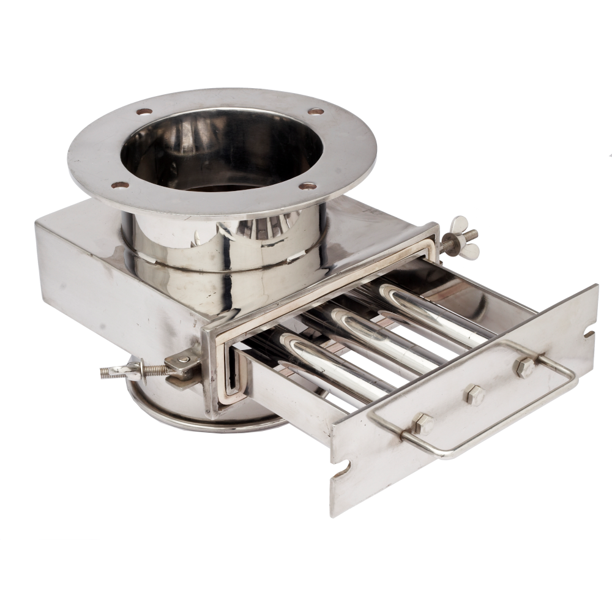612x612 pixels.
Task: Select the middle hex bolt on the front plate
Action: pyautogui.click(x=475, y=395)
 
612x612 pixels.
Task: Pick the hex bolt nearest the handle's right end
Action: pyautogui.click(x=524, y=367)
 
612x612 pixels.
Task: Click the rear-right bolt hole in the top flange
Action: pyautogui.click(x=316, y=111)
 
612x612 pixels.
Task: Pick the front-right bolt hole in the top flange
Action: pyautogui.click(x=309, y=185)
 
